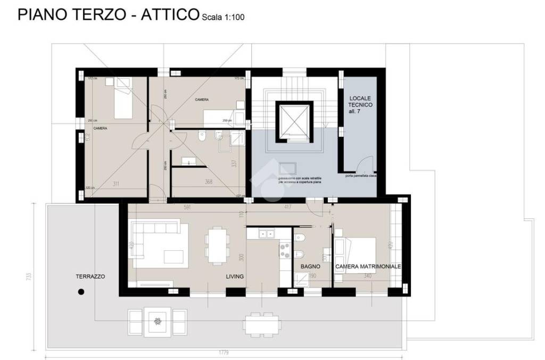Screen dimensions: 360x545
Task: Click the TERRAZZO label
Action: pyautogui.click(x=90, y=276)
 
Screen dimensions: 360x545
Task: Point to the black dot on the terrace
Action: pyautogui.click(x=81, y=291)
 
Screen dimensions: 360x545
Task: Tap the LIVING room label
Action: pyautogui.click(x=234, y=276)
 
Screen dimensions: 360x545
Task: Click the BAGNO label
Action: pyautogui.click(x=310, y=266)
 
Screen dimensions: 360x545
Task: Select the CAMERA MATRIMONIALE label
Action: pyautogui.click(x=368, y=266)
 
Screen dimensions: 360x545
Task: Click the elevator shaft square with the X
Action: pyautogui.click(x=292, y=121)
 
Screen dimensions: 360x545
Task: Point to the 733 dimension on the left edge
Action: pyautogui.click(x=28, y=276)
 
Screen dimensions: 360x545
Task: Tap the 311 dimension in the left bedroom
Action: pyautogui.click(x=116, y=184)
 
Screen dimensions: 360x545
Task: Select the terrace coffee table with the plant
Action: pyautogui.click(x=157, y=321)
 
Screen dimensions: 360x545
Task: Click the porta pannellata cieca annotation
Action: pyautogui.click(x=360, y=175)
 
